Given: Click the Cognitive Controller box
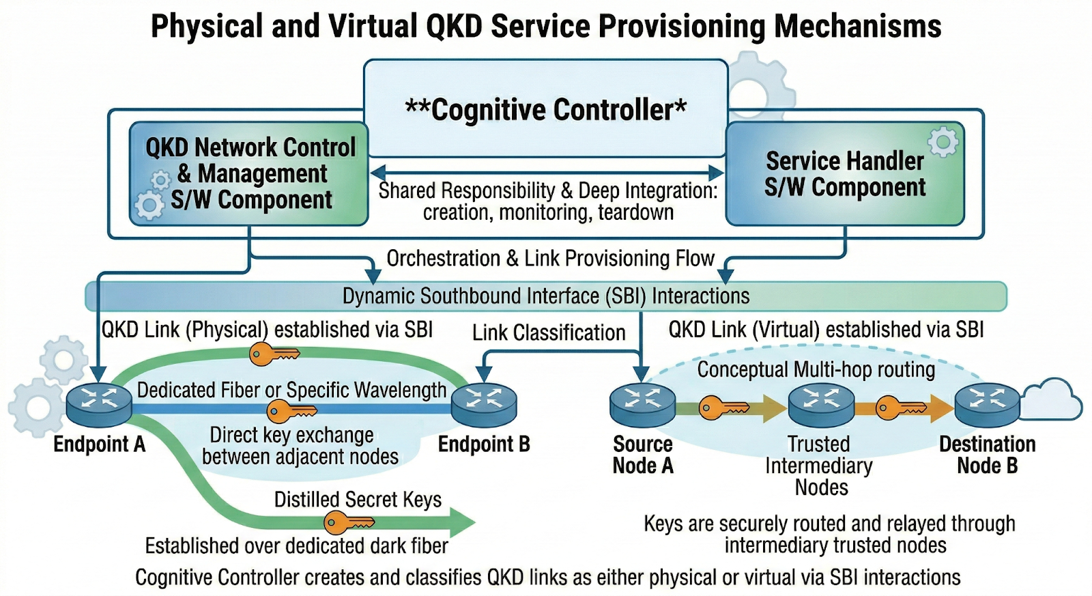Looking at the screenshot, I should pos(545,109).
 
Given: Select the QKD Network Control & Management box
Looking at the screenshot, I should pos(249,173).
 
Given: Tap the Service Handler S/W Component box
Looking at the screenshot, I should pos(845,173).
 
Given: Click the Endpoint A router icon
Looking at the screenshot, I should pos(99,403).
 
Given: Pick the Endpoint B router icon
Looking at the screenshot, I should pos(484,403).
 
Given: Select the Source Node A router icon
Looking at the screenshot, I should pos(642,403).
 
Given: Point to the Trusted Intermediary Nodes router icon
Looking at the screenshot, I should pos(821,403).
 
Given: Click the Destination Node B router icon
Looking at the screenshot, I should pos(987,403).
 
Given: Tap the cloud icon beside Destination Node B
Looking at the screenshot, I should pos(1053,399).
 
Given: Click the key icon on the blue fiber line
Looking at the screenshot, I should pos(290,411).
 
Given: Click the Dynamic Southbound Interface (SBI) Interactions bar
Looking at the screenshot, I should pos(546,296).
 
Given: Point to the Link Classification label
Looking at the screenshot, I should pos(549,332).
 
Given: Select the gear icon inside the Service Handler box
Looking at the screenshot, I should pos(943,142).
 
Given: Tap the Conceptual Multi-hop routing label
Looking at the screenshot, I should pos(816,369).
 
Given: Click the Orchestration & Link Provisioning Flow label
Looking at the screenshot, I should pos(550,258).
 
